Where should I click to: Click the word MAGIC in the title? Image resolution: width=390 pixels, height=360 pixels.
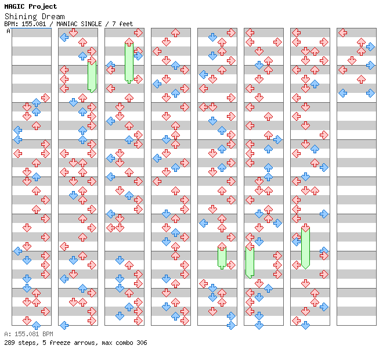click(15, 6)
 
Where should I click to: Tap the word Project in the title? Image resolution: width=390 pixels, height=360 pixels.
click(43, 7)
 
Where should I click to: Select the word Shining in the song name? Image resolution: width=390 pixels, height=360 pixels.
click(21, 17)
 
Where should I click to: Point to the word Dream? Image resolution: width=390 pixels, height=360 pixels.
click(53, 17)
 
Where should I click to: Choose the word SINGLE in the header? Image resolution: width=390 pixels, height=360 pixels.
click(91, 24)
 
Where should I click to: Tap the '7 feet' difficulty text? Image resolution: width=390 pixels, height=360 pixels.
click(122, 24)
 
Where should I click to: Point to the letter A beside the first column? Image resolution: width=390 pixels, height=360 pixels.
click(9, 31)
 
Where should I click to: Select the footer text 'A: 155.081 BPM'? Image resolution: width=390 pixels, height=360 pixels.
click(28, 334)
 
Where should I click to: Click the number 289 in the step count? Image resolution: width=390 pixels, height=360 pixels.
click(9, 343)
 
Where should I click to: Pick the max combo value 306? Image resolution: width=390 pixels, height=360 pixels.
click(142, 343)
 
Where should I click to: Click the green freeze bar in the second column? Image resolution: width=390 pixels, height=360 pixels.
click(92, 76)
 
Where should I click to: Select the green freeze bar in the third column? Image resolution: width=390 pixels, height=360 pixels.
click(129, 62)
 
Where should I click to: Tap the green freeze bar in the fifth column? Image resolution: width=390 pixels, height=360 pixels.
click(222, 258)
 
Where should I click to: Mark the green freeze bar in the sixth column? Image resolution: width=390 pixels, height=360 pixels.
click(250, 262)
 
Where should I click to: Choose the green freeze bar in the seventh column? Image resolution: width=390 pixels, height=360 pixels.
click(305, 249)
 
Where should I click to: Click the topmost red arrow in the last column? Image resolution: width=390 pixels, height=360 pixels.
click(343, 33)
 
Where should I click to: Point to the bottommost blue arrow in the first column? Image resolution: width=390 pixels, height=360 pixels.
click(37, 325)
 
